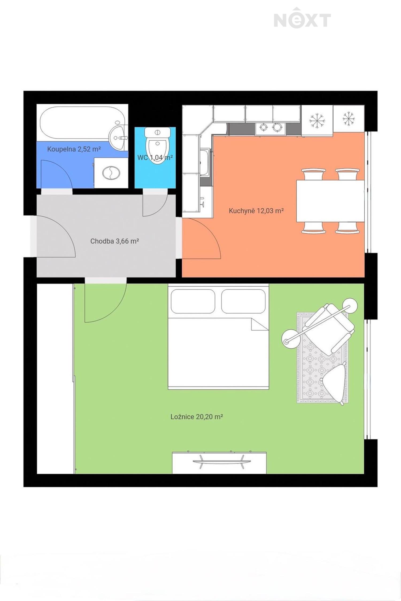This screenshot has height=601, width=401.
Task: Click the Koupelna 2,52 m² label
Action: [74, 149]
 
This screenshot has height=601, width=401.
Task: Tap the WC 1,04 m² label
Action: [155, 157]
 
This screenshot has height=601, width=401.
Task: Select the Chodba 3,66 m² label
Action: [114, 241]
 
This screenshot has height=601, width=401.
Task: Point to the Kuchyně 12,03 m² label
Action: [256, 211]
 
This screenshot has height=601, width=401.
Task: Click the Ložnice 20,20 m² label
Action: [197, 417]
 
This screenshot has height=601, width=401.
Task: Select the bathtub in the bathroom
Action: [82, 123]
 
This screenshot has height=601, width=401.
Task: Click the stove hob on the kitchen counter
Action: [270, 128]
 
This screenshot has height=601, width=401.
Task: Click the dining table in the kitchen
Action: [330, 201]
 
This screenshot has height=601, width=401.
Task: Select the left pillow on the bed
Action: [193, 301]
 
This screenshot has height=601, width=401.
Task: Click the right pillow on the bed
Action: [243, 301]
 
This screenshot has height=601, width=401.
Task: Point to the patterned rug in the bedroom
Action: [322, 358]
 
